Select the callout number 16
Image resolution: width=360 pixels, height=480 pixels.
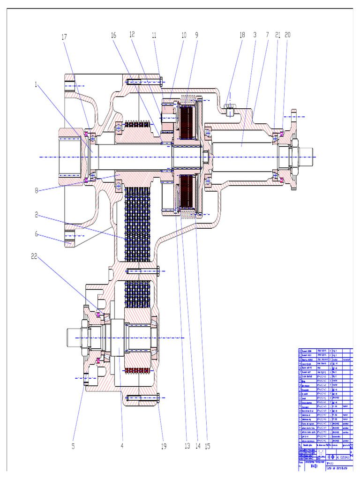pyautogui.click(x=113, y=35)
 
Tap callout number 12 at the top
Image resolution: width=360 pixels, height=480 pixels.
pyautogui.click(x=132, y=34)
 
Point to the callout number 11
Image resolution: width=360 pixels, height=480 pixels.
pyautogui.click(x=154, y=35)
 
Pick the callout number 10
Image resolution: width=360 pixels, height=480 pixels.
pyautogui.click(x=184, y=35)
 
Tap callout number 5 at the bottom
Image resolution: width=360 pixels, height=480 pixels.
pyautogui.click(x=73, y=446)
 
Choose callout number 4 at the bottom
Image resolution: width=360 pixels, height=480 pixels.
pyautogui.click(x=122, y=446)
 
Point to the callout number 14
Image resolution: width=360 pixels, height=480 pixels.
pyautogui.click(x=196, y=446)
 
